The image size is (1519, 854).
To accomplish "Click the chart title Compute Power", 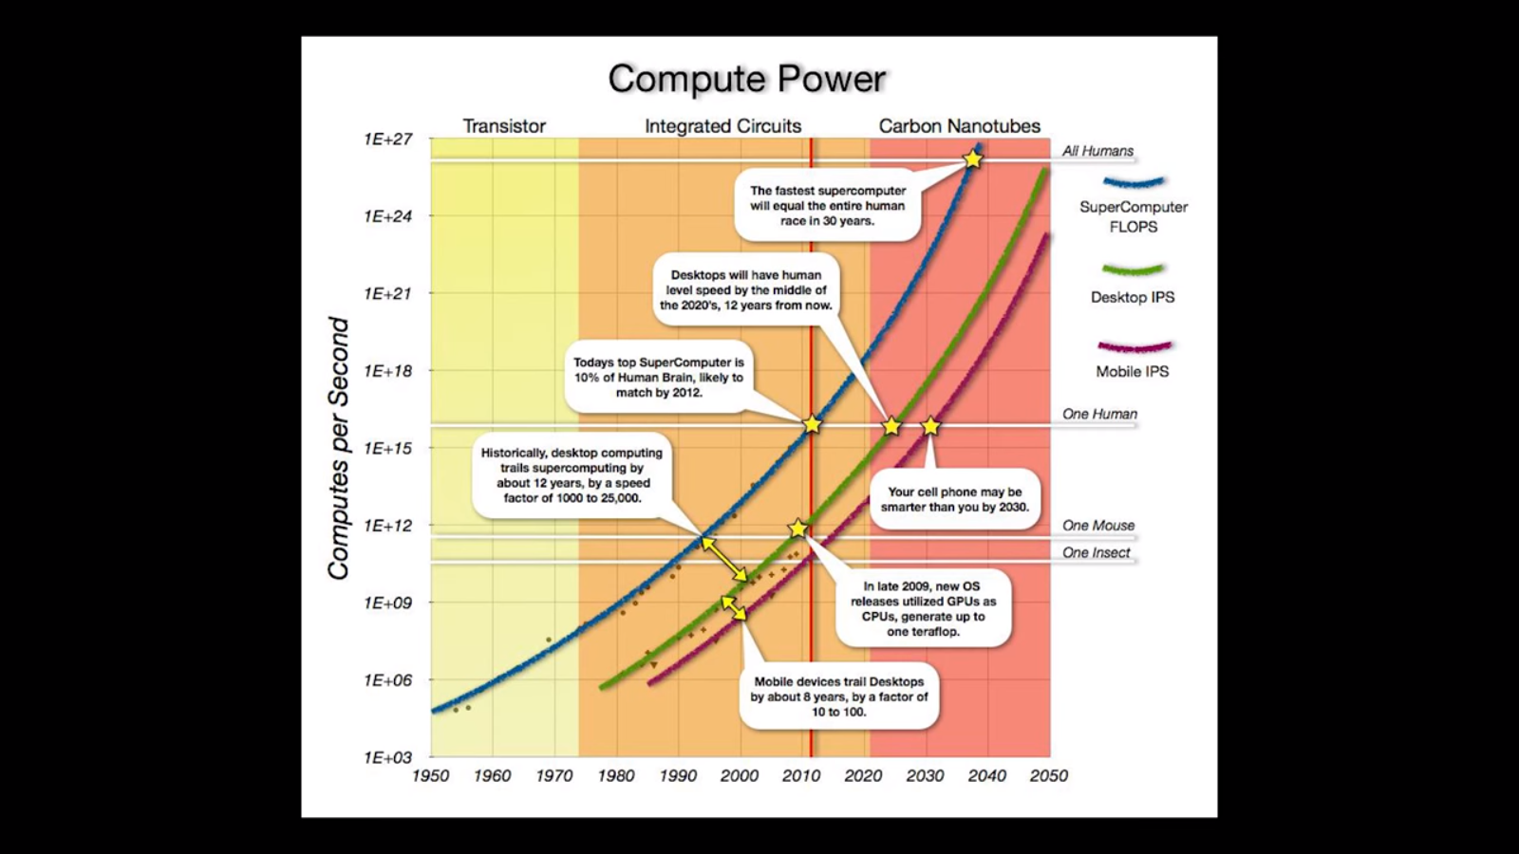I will (746, 79).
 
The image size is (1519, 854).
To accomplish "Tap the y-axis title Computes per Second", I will (339, 448).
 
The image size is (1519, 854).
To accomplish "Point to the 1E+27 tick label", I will (388, 139).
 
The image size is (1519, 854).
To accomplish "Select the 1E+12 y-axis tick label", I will (388, 526).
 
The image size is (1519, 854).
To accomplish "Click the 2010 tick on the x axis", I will (801, 776).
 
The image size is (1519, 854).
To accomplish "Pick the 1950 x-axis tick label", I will (430, 776).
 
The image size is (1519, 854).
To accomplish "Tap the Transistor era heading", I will (504, 126).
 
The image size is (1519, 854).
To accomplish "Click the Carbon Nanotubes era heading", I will (959, 126).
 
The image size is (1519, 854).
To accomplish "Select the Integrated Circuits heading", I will (722, 126).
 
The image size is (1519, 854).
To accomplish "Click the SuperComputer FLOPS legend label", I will (1134, 216).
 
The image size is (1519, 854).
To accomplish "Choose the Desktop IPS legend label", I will (1133, 297).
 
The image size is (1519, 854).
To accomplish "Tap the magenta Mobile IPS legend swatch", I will (1134, 347).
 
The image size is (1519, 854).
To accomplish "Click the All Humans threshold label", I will (1097, 151).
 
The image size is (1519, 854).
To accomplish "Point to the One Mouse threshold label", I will (1098, 526).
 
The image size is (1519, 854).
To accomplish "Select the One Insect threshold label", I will (1097, 553).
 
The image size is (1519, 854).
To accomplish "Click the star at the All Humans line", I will (973, 159).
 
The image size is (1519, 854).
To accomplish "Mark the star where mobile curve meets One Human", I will (930, 426).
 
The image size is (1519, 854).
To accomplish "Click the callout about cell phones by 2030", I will (955, 499).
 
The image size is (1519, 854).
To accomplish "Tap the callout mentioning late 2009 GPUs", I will (923, 609).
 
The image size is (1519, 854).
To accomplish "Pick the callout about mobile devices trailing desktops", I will (839, 696).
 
